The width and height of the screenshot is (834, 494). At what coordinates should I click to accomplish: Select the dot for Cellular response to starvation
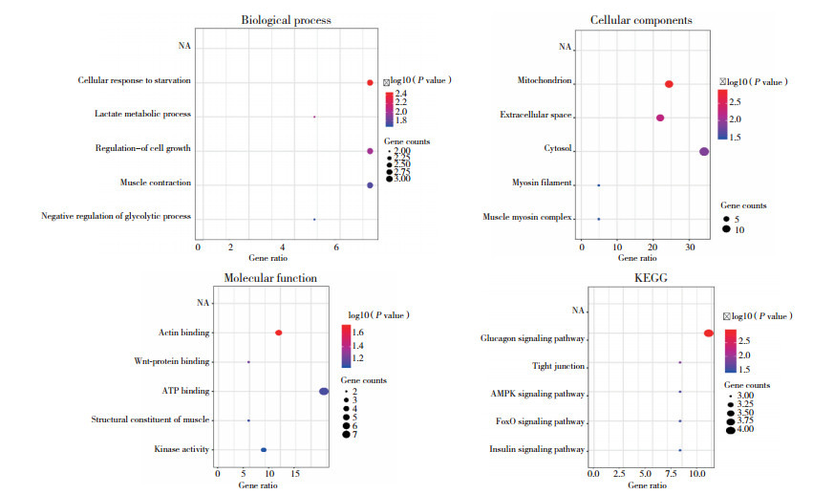[370, 83]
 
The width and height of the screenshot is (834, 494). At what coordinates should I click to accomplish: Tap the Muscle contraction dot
[370, 184]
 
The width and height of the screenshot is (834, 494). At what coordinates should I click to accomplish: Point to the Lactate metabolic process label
[142, 115]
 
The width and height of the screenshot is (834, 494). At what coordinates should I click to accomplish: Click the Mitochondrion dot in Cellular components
[669, 84]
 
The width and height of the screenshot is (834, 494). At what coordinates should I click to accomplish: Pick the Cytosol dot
[704, 151]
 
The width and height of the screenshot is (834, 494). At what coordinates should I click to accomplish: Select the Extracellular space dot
[660, 118]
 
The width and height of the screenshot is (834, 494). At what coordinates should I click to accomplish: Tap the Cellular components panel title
[641, 20]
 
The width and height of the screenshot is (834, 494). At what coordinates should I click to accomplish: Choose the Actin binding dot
[278, 333]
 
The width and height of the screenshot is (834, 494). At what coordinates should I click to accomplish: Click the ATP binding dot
[324, 391]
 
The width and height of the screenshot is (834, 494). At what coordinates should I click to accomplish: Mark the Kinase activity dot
[264, 449]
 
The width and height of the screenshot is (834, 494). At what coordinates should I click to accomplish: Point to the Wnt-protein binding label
[149, 362]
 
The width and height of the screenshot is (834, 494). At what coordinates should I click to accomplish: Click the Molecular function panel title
[270, 278]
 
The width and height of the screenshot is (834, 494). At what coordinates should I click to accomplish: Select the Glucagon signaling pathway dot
[708, 333]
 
